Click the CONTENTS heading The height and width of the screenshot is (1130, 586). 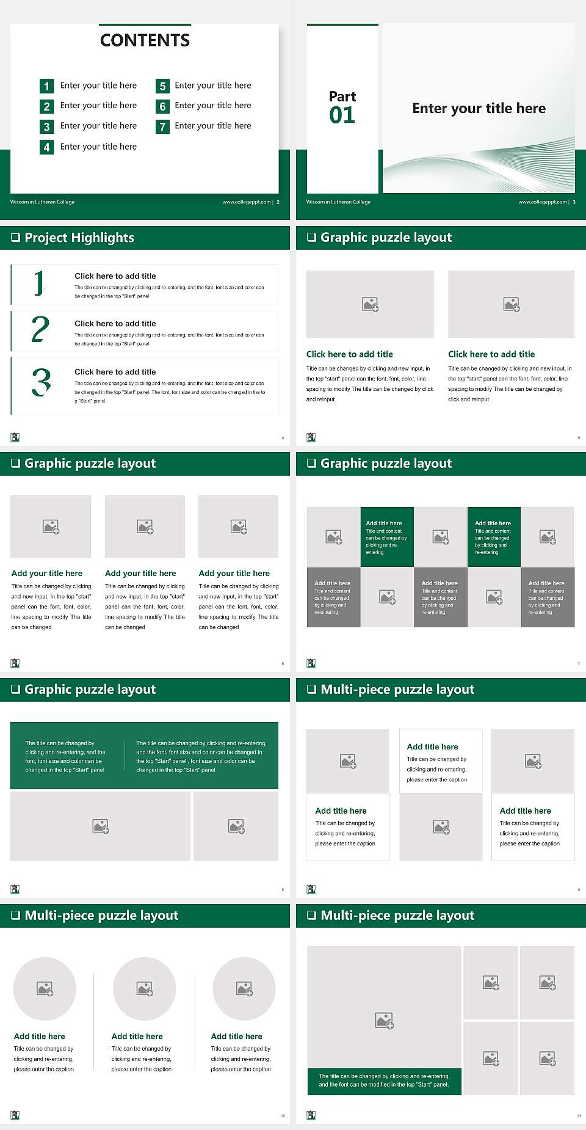tap(145, 40)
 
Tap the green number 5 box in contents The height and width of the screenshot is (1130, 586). tap(162, 86)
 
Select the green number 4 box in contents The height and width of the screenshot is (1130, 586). tap(46, 147)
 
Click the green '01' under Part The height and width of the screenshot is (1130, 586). tap(342, 115)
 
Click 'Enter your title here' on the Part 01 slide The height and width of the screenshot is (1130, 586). tap(479, 108)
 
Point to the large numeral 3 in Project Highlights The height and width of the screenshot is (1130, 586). tap(41, 383)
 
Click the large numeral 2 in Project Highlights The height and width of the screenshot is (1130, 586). tap(40, 329)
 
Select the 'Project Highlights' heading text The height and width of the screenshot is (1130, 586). tap(79, 238)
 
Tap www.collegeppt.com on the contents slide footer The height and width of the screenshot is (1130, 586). tap(246, 202)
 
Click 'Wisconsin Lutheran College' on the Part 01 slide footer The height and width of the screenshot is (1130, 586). tap(338, 202)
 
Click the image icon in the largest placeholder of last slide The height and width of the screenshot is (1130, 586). tap(384, 1020)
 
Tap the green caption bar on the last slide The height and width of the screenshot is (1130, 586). tap(384, 1080)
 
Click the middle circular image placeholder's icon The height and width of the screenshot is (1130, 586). tap(145, 988)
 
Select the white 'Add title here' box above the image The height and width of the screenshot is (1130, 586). tap(441, 761)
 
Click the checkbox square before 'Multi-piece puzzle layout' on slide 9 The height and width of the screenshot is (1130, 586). tap(311, 689)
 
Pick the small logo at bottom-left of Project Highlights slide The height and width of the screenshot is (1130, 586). tap(15, 437)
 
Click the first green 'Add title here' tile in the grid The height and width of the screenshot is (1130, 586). tap(387, 536)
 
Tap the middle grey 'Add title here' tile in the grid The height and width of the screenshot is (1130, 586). tap(440, 597)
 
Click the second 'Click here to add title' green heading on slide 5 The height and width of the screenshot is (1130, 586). tap(491, 354)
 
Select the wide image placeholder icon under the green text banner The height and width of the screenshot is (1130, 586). tap(101, 826)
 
